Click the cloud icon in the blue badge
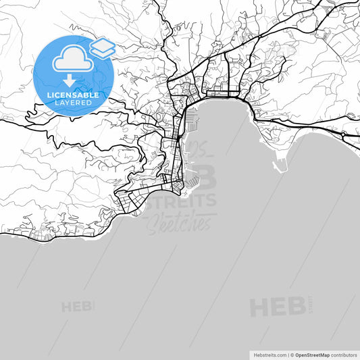pos(73,60)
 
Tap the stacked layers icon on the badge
pos(102,47)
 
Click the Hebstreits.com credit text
pos(269,355)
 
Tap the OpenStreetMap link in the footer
pos(312,355)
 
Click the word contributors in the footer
pos(344,355)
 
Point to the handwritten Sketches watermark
pos(179,224)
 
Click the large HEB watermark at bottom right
pos(277,307)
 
